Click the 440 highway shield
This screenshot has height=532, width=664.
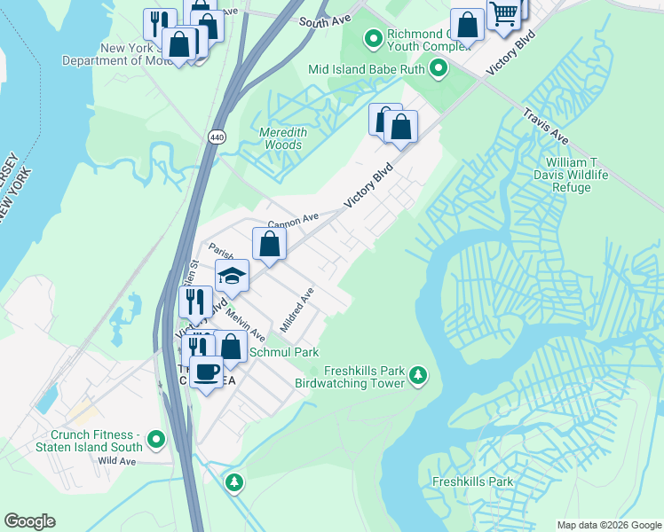pos(217,137)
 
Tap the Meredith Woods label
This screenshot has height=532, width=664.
pos(282,138)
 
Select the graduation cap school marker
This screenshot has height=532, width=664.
pos(232,277)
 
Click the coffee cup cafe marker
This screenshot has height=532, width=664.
pos(207,372)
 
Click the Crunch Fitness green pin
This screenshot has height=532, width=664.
pos(156,439)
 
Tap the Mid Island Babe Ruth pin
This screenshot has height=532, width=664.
pos(438,68)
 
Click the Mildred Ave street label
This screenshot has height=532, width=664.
pos(297,309)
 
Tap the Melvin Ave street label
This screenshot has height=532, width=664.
pos(245,325)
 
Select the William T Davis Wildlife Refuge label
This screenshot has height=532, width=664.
pos(577,175)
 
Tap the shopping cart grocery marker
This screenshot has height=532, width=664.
pos(503,14)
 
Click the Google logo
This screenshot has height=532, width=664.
pos(29,521)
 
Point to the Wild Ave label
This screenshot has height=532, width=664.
pos(117,461)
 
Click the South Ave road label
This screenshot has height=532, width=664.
pos(320,20)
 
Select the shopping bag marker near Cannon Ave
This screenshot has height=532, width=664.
pos(269,244)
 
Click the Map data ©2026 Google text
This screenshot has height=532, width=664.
pos(609,525)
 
